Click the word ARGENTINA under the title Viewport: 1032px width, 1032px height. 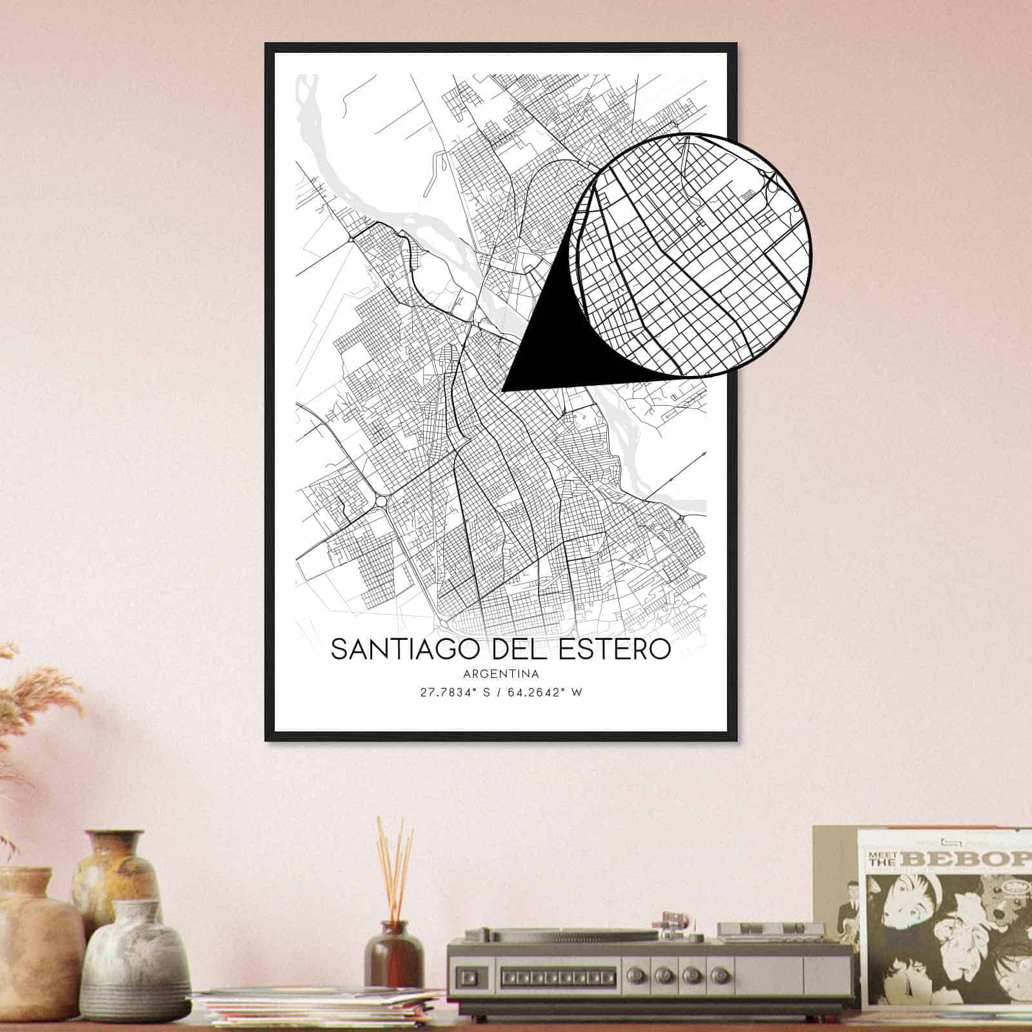tap(501, 674)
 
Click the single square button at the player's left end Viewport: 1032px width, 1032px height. tap(470, 974)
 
